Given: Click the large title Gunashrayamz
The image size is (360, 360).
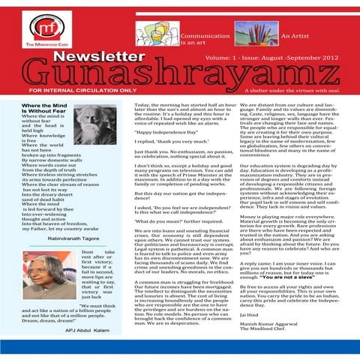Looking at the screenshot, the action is pos(180,72).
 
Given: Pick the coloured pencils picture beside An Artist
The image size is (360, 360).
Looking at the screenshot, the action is pos(251,31).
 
